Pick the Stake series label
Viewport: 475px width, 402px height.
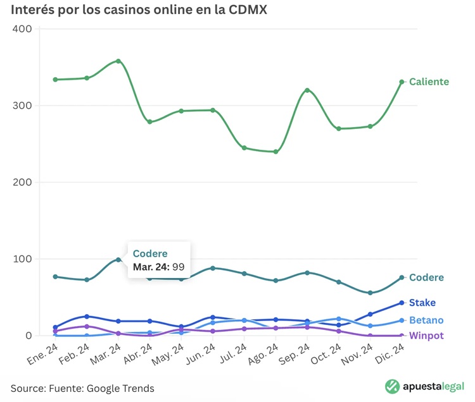point(422,303)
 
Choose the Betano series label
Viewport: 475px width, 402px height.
point(426,320)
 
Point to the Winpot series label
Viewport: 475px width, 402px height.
point(426,336)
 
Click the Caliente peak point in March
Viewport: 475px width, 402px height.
point(118,61)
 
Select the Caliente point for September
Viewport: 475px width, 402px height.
point(307,90)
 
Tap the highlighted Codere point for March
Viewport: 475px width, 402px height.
point(118,260)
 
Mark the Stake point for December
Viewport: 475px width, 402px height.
point(402,303)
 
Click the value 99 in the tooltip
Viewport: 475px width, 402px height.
point(178,267)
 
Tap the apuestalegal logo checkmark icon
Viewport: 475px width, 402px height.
point(393,386)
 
